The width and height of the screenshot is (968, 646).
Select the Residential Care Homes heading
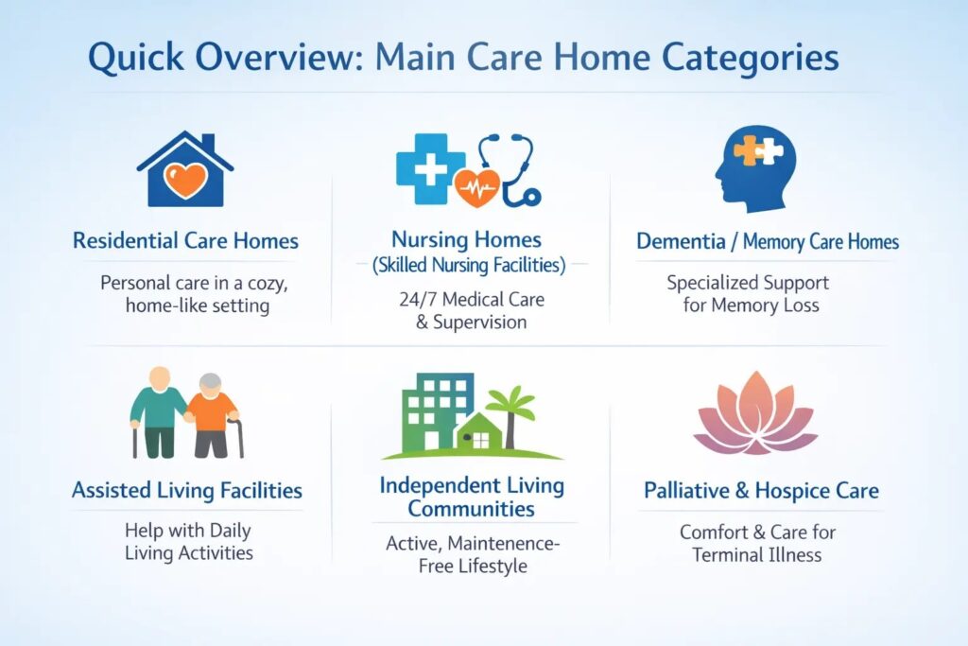coord(185,240)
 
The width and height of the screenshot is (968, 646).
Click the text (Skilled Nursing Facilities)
coord(470,266)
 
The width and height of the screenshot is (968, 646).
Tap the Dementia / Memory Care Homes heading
coord(767,241)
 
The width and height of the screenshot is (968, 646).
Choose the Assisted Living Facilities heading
coord(187,490)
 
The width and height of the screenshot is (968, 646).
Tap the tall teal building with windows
coord(437,410)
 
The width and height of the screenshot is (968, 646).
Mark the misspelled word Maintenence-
coord(504,544)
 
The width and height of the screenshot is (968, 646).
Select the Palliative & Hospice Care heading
coord(761,490)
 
